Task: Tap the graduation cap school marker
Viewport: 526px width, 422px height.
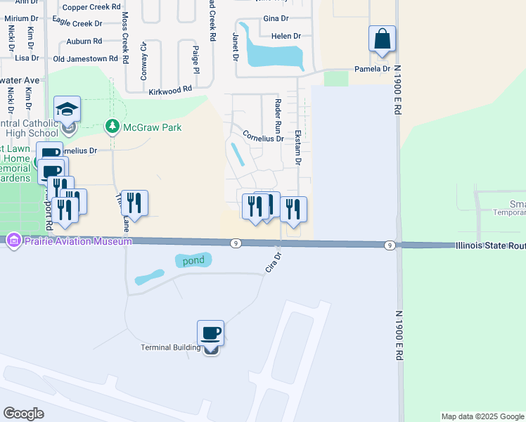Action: tap(67, 110)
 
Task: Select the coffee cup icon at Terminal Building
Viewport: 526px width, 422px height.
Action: tap(210, 333)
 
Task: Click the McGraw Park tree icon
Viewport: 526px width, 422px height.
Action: tap(111, 127)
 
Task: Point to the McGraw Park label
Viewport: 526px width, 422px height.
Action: tap(152, 127)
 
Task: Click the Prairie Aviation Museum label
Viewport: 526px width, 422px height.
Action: tap(77, 241)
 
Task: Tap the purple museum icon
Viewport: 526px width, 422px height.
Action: tap(13, 241)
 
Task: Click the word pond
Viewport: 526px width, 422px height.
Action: tap(193, 260)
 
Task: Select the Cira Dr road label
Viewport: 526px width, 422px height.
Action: tap(273, 263)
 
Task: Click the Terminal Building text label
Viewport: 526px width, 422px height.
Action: tap(171, 347)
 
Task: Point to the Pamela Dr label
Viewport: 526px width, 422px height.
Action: tap(372, 69)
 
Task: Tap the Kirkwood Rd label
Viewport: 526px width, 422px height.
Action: tap(170, 91)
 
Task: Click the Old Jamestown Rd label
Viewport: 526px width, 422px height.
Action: tap(85, 58)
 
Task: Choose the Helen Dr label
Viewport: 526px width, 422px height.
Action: tap(286, 36)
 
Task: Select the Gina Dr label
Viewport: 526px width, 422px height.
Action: tap(275, 18)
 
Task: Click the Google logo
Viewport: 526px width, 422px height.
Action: tap(23, 414)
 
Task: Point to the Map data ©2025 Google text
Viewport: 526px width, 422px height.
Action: tap(482, 416)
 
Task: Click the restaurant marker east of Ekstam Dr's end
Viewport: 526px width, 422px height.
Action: tap(293, 208)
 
